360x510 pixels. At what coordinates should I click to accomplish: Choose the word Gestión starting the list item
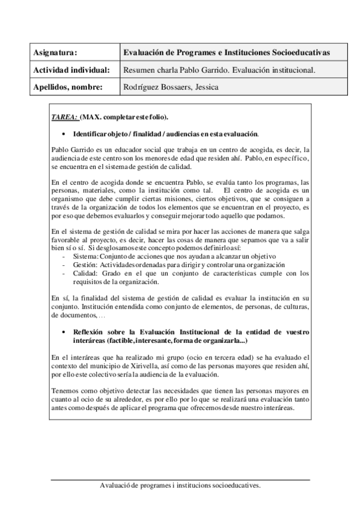click(84, 265)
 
